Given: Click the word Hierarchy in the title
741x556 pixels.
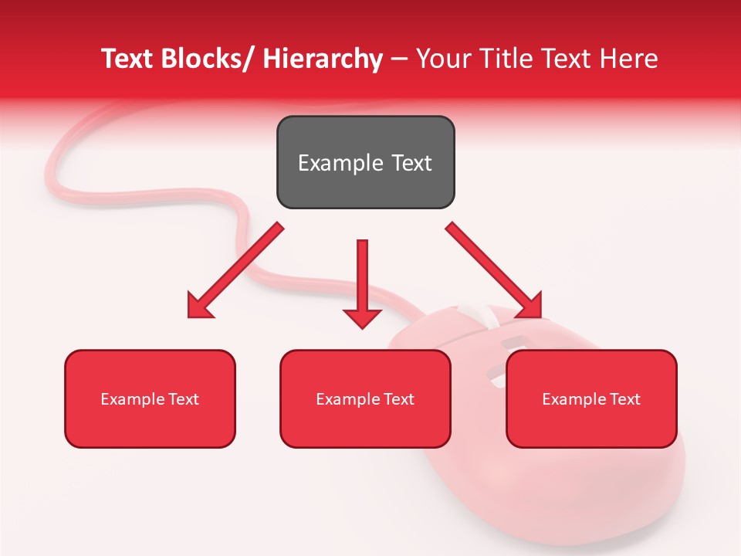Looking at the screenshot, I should pyautogui.click(x=323, y=59).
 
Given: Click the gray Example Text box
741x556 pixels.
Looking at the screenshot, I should pyautogui.click(x=365, y=162).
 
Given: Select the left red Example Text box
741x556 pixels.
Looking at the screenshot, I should pyautogui.click(x=150, y=398).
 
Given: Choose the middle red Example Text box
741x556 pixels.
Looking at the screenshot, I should pyautogui.click(x=365, y=398).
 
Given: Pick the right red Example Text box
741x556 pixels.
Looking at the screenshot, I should pyautogui.click(x=591, y=398).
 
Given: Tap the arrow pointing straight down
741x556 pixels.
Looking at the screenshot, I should pyautogui.click(x=362, y=278).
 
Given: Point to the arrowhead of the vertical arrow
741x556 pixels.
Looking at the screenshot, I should pyautogui.click(x=362, y=318).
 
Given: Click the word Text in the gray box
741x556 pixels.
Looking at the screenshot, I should pyautogui.click(x=406, y=163).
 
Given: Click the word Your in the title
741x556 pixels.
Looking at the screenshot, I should pyautogui.click(x=442, y=59).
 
